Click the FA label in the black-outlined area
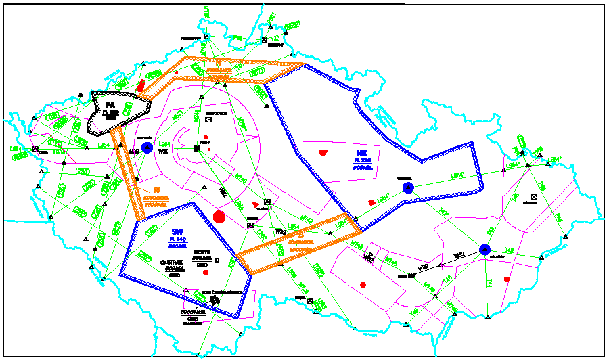pyautogui.click(x=110, y=104)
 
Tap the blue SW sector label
pyautogui.click(x=177, y=231)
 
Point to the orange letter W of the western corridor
pyautogui.click(x=156, y=189)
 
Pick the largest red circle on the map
pyautogui.click(x=219, y=217)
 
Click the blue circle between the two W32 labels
pyautogui.click(x=148, y=147)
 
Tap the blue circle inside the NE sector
pyautogui.click(x=407, y=188)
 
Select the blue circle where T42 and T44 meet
pyautogui.click(x=484, y=250)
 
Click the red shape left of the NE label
pyautogui.click(x=322, y=152)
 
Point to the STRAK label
pyautogui.click(x=175, y=262)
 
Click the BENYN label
pyautogui.click(x=202, y=251)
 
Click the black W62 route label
pyautogui.click(x=368, y=258)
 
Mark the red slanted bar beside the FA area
pyautogui.click(x=141, y=86)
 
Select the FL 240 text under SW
pyautogui.click(x=177, y=240)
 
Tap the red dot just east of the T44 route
pyautogui.click(x=507, y=279)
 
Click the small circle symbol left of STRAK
pyautogui.click(x=162, y=262)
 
